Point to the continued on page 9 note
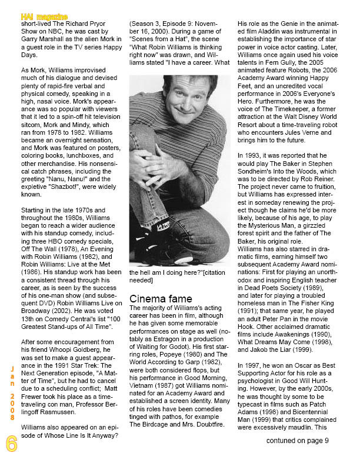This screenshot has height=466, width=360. coord(297,441)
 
